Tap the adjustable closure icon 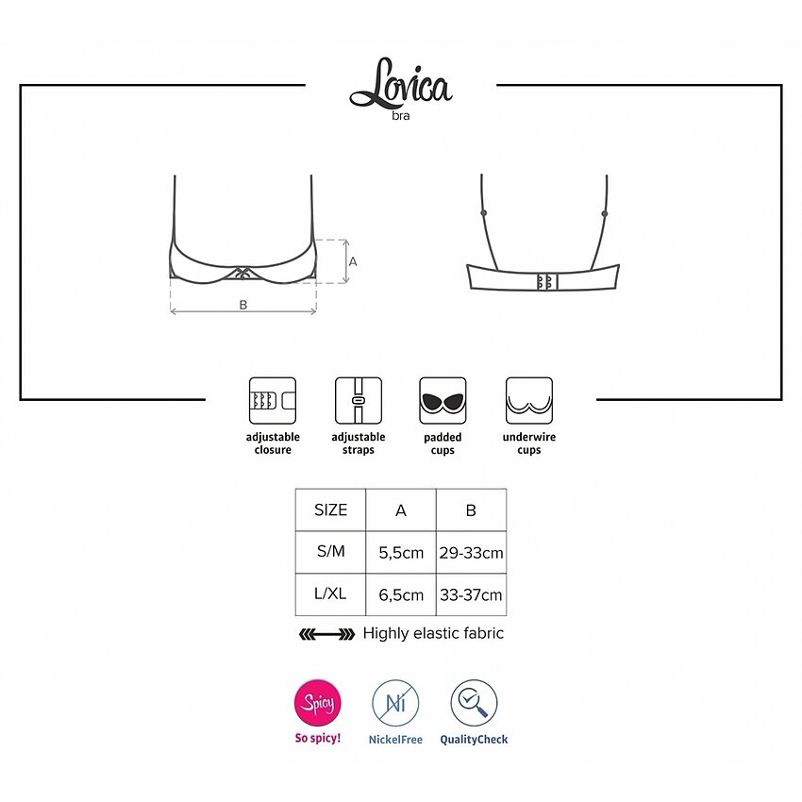coord(273,400)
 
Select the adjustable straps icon coord(358,400)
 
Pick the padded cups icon coord(443,400)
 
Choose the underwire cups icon coord(529,400)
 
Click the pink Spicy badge coord(318,702)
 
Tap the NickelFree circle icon coord(395,702)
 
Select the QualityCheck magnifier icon coord(474,702)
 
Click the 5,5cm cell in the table coord(401,552)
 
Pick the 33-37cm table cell coord(471,594)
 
